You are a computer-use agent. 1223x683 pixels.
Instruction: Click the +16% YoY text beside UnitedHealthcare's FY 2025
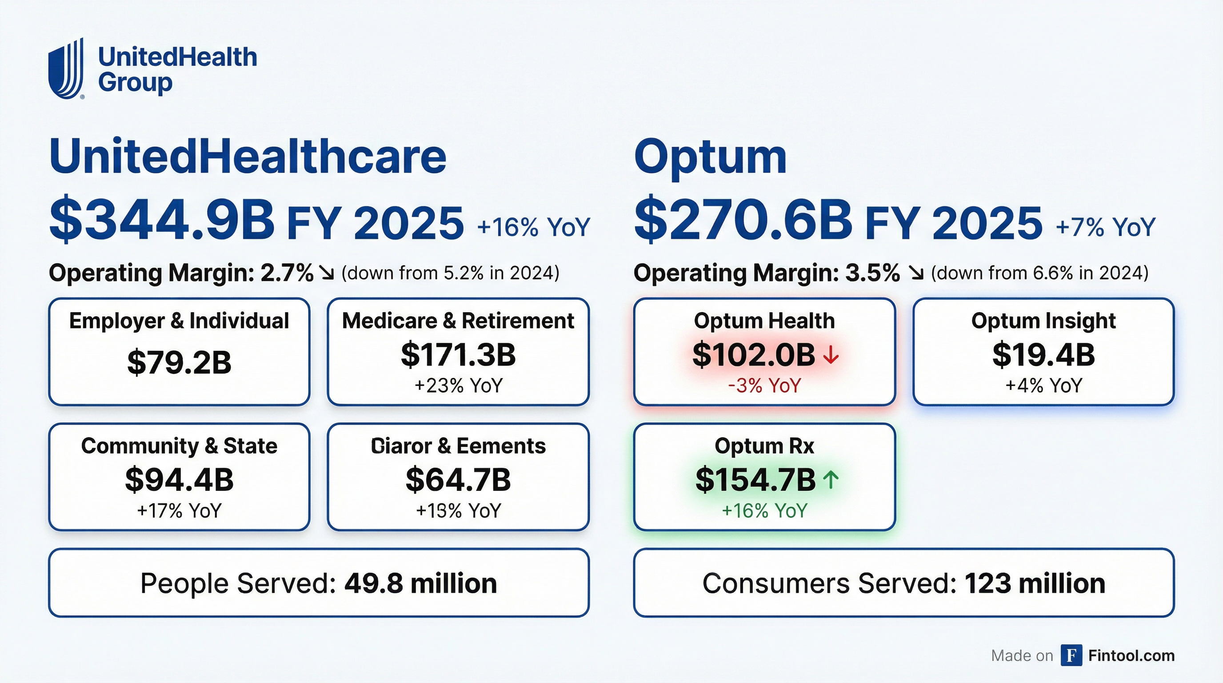coord(534,227)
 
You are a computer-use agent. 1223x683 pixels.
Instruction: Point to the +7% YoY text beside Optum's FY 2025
coord(1105,227)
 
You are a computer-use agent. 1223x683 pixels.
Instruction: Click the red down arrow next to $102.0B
coord(831,355)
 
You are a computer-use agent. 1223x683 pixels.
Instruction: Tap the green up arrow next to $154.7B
coord(831,480)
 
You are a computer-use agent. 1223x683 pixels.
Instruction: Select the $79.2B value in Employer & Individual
coord(179,362)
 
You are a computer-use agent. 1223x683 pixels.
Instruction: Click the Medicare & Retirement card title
coord(458,321)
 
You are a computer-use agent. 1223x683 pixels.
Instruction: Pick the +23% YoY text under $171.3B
coord(458,385)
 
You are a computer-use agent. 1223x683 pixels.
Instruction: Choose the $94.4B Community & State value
coord(179,480)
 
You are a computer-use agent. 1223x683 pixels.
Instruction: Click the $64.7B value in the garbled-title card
coord(458,480)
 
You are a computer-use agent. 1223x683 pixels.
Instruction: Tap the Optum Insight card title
coord(1043,321)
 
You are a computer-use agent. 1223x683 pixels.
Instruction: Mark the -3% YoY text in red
coord(764,385)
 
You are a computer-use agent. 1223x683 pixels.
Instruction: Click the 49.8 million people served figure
coord(420,583)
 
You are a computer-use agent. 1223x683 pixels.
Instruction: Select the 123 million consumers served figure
coord(1035,583)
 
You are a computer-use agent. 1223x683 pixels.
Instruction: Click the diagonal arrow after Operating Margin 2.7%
coord(327,273)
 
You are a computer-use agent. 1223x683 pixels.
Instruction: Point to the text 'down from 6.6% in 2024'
coord(1040,273)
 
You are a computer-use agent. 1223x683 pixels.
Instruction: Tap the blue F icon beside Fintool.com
coord(1071,655)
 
